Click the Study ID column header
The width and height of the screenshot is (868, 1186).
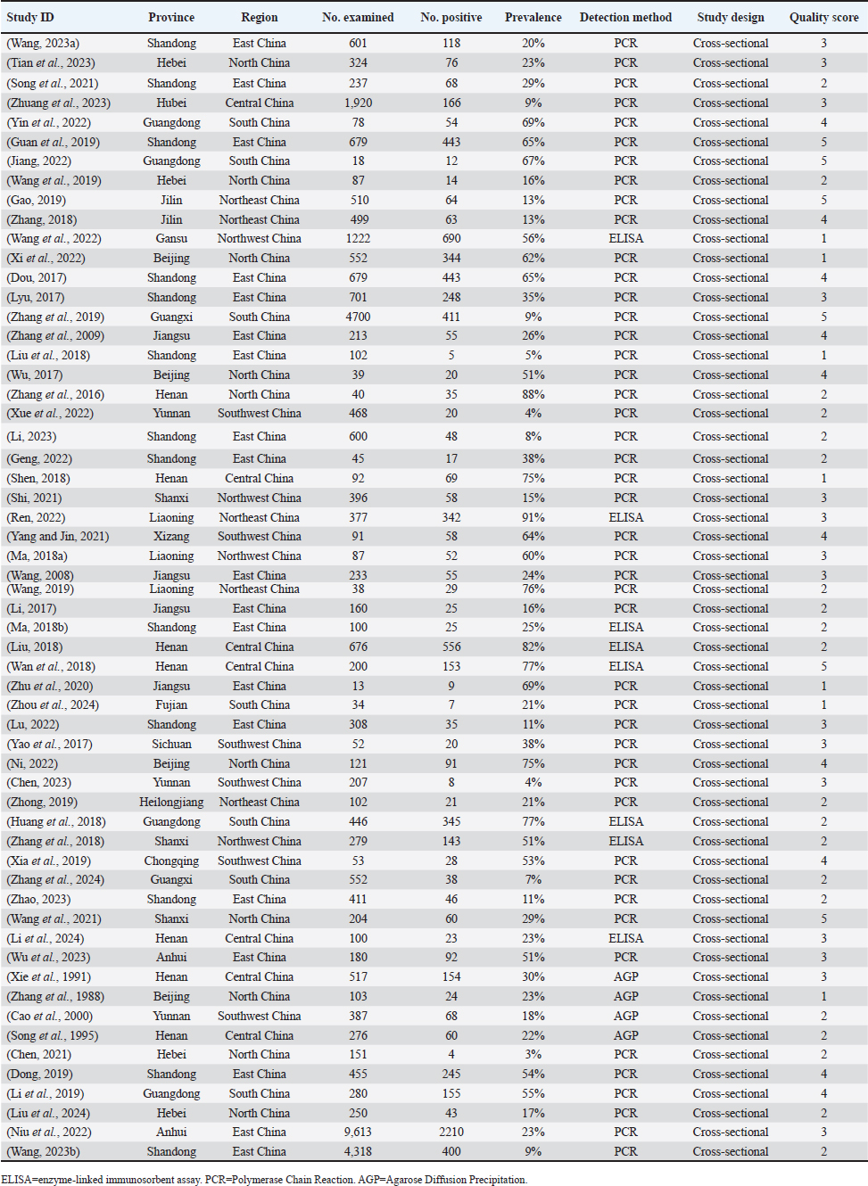[30, 17]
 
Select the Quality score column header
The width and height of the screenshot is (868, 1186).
[823, 17]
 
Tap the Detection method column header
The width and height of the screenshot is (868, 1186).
[625, 17]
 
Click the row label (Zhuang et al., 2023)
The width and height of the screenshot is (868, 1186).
[59, 103]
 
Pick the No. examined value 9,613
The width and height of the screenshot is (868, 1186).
[358, 1132]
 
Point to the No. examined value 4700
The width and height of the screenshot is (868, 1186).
[358, 317]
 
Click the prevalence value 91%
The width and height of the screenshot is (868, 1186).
[533, 517]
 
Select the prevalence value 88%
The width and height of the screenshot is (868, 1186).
[533, 394]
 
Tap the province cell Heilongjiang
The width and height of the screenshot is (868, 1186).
[171, 802]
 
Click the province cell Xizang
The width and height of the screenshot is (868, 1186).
[171, 536]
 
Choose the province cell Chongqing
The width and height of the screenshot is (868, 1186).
[171, 861]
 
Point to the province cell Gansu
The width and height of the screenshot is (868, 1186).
[171, 238]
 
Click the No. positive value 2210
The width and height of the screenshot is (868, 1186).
[451, 1132]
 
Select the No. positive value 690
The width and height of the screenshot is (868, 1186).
[451, 238]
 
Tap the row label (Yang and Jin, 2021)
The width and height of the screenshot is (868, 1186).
[58, 536]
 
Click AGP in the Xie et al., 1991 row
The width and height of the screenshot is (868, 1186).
[625, 976]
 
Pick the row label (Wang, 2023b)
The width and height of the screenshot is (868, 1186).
[44, 1151]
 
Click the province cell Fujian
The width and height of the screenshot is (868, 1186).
[171, 704]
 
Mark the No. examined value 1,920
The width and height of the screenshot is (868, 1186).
[358, 103]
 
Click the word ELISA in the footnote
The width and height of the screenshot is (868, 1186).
[18, 1179]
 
